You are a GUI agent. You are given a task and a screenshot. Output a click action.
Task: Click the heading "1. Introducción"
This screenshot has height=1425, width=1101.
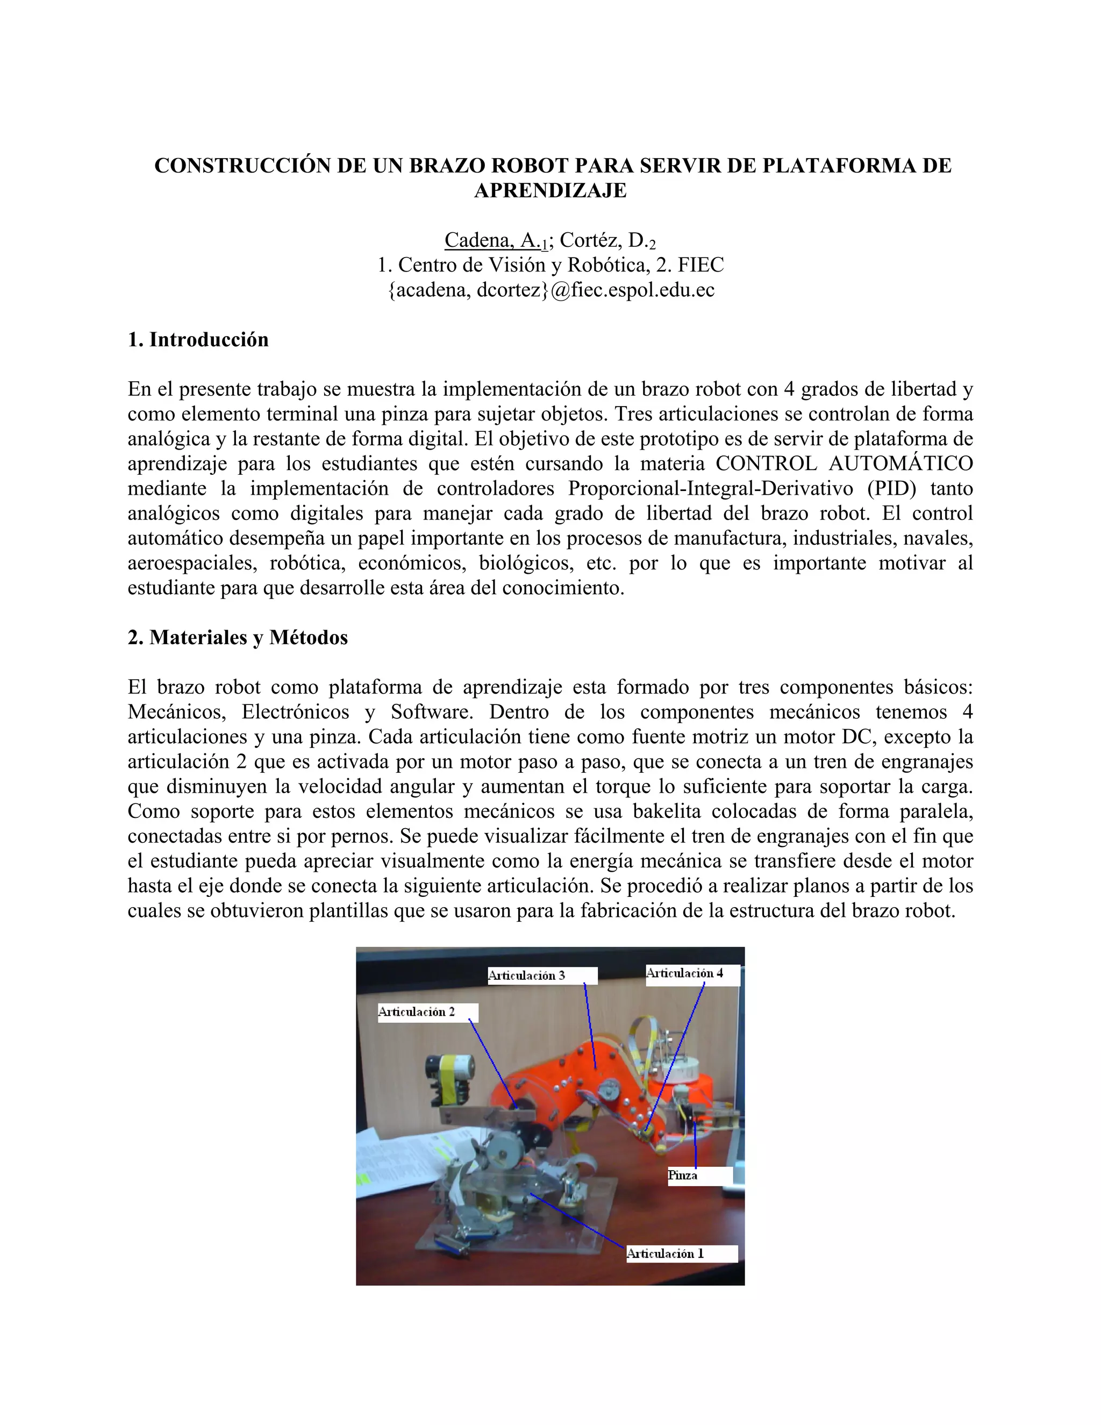(x=198, y=340)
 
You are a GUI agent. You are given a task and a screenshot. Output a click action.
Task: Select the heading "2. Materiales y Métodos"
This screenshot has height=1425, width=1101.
(x=238, y=637)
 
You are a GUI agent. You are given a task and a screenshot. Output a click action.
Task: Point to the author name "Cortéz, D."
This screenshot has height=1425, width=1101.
(x=603, y=241)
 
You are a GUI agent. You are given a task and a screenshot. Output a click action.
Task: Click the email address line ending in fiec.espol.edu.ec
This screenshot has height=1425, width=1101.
(x=551, y=290)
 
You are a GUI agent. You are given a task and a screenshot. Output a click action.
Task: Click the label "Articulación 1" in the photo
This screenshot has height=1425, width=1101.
(x=666, y=1253)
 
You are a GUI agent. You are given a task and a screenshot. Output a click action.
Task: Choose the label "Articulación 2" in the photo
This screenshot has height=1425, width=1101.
(x=417, y=1012)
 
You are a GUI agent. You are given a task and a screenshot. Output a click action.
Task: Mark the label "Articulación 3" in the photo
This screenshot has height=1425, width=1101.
(x=527, y=975)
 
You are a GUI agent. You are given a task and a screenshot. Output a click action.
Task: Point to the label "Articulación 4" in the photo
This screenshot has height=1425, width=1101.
(x=685, y=973)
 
